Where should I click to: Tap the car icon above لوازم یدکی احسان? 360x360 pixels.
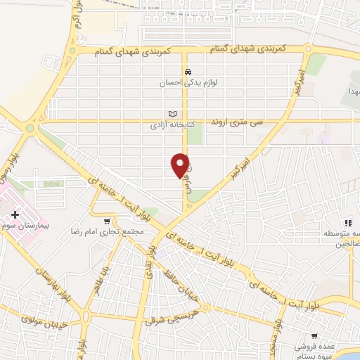(x=188, y=72)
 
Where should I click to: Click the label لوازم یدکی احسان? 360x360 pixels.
(x=188, y=82)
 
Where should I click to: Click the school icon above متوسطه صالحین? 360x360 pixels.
(x=347, y=223)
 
